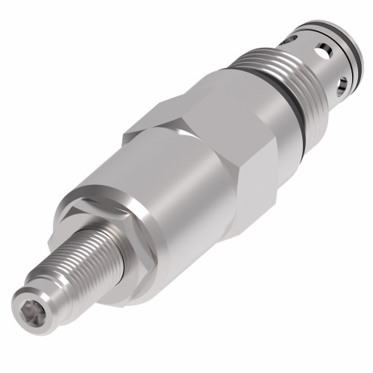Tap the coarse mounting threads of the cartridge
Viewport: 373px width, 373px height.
tap(298, 82)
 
